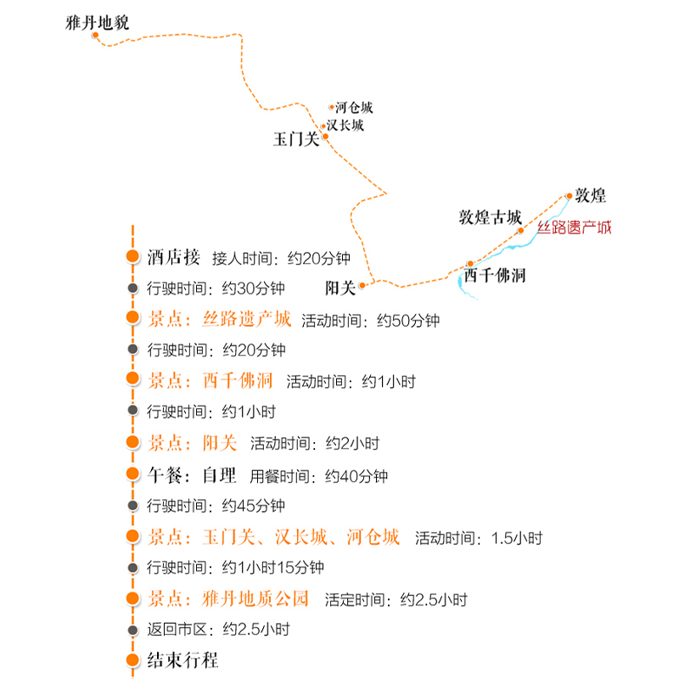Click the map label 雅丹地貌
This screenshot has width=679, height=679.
click(x=97, y=23)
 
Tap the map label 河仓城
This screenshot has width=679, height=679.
click(x=353, y=108)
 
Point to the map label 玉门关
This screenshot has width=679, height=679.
click(x=295, y=139)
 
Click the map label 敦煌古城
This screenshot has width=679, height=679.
click(x=490, y=216)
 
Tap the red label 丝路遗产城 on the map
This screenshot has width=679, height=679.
click(x=574, y=227)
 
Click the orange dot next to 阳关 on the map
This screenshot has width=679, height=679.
click(x=362, y=285)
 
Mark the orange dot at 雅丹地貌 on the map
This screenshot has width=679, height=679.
click(x=96, y=36)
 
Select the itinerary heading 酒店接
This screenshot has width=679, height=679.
click(x=173, y=256)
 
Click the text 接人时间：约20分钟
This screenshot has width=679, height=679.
click(x=280, y=257)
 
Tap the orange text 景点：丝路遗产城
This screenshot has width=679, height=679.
click(x=219, y=320)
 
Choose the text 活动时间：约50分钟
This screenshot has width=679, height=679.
click(x=370, y=321)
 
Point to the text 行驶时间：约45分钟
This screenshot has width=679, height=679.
click(x=216, y=506)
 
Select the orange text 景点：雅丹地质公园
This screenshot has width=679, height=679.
click(x=228, y=598)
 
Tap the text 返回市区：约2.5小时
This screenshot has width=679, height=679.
click(x=218, y=630)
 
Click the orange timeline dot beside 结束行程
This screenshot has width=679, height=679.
click(x=132, y=660)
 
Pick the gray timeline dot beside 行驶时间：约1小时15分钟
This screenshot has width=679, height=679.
click(x=132, y=567)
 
